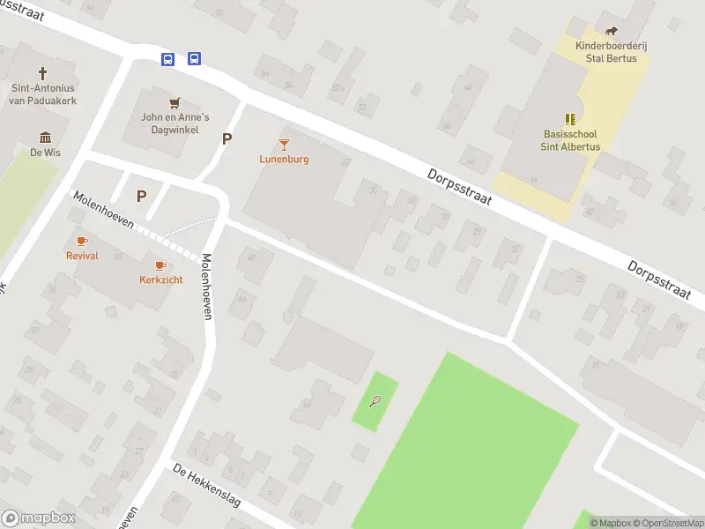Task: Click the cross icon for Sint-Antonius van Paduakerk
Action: point(42,73)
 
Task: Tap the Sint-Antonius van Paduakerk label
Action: point(43,93)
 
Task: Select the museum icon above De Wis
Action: point(45,137)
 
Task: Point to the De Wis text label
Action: point(45,152)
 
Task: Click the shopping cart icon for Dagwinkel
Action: point(174,102)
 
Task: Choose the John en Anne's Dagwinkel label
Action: point(175,123)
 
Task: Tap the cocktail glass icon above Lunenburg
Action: point(284,144)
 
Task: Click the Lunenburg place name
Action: point(284,160)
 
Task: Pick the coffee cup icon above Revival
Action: point(82,241)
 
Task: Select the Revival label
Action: point(82,256)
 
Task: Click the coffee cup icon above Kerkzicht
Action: point(160,264)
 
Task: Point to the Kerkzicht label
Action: point(160,279)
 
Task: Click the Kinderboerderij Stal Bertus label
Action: point(612,52)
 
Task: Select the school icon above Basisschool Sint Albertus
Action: point(570,119)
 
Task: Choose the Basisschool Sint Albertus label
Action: point(570,141)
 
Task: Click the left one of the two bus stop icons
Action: point(167,59)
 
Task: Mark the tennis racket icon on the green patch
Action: point(375,402)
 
